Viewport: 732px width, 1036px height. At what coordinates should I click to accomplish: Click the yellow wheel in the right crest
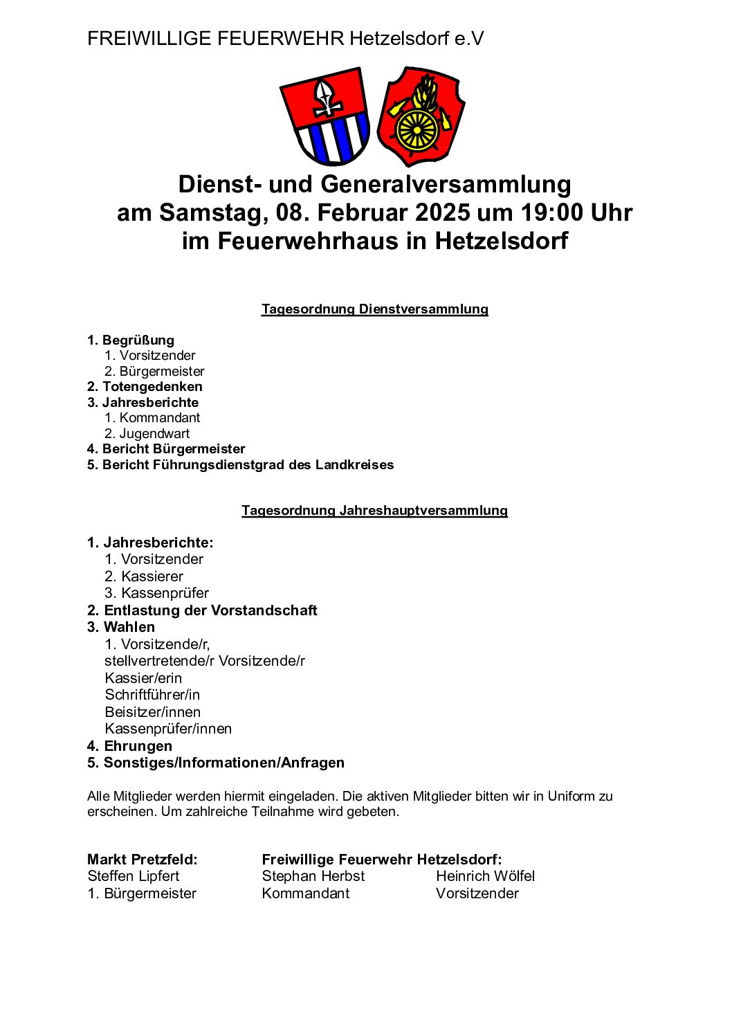pos(416,130)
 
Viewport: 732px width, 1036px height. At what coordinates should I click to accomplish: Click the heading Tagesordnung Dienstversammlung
pos(374,309)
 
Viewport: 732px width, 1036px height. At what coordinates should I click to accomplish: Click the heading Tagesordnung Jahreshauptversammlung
pos(374,511)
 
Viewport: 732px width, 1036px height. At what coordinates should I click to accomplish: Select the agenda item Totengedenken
pos(152,387)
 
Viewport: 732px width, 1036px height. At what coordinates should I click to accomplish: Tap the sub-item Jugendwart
pos(154,434)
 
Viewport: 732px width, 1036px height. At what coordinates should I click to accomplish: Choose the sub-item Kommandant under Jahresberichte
pos(159,418)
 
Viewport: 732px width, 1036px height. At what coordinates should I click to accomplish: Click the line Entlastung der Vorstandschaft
pos(210,610)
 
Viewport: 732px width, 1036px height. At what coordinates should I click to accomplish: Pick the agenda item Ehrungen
pos(138,746)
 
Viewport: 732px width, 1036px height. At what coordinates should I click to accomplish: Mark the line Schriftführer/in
pos(152,695)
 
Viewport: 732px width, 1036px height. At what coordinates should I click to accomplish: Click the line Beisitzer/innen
pos(152,712)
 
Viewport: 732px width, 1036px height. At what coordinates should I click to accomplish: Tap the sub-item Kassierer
pos(152,576)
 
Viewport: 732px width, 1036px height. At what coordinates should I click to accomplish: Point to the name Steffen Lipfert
pos(133,876)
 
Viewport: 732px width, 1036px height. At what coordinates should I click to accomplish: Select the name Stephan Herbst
pos(313,876)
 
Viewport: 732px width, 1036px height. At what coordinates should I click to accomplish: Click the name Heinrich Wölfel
pos(485,876)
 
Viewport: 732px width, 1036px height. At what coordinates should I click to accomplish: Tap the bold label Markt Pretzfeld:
pos(142,860)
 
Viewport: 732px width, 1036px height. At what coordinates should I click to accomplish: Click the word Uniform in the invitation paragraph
pos(571,797)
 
